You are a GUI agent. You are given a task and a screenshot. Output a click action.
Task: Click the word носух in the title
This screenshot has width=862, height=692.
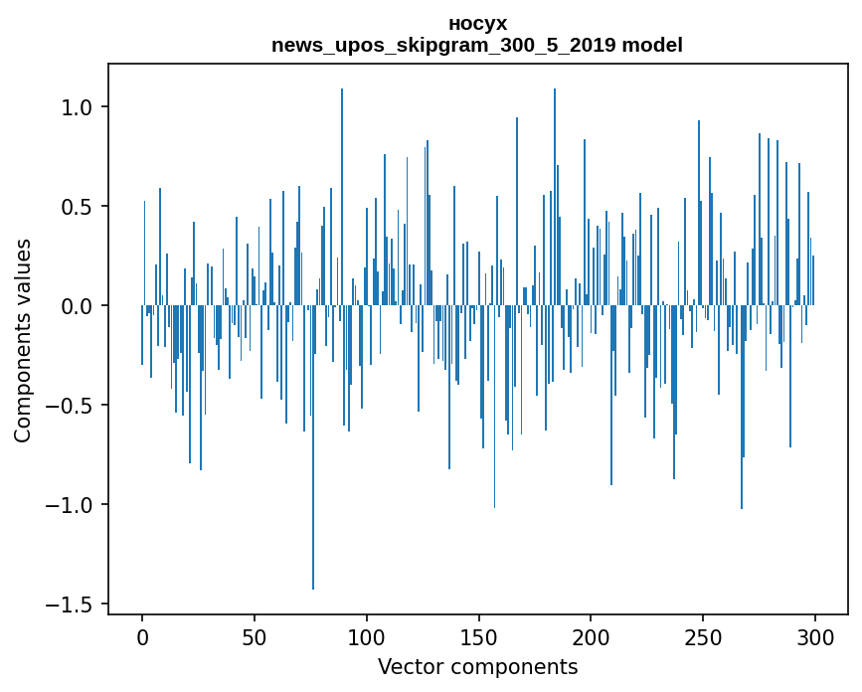click(477, 23)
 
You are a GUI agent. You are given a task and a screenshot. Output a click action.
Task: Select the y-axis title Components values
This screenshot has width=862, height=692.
click(23, 340)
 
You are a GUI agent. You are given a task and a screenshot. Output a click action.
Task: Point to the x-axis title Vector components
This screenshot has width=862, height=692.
click(477, 666)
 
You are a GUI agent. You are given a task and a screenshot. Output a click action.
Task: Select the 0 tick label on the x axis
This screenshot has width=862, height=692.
click(142, 636)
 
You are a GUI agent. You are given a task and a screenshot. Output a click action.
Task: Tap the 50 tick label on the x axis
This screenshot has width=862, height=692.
click(255, 636)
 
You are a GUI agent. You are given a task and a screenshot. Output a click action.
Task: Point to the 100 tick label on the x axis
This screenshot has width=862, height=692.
click(367, 636)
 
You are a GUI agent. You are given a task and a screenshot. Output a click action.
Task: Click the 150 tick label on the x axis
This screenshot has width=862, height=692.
click(478, 636)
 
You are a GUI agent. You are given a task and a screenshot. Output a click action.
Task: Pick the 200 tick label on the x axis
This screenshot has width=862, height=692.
click(591, 636)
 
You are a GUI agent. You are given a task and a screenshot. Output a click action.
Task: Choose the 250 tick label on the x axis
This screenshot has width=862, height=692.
click(703, 636)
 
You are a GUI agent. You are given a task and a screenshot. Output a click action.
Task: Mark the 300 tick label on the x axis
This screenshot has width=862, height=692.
click(815, 636)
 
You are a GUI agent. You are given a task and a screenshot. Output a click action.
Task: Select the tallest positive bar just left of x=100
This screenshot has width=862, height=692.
click(342, 199)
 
